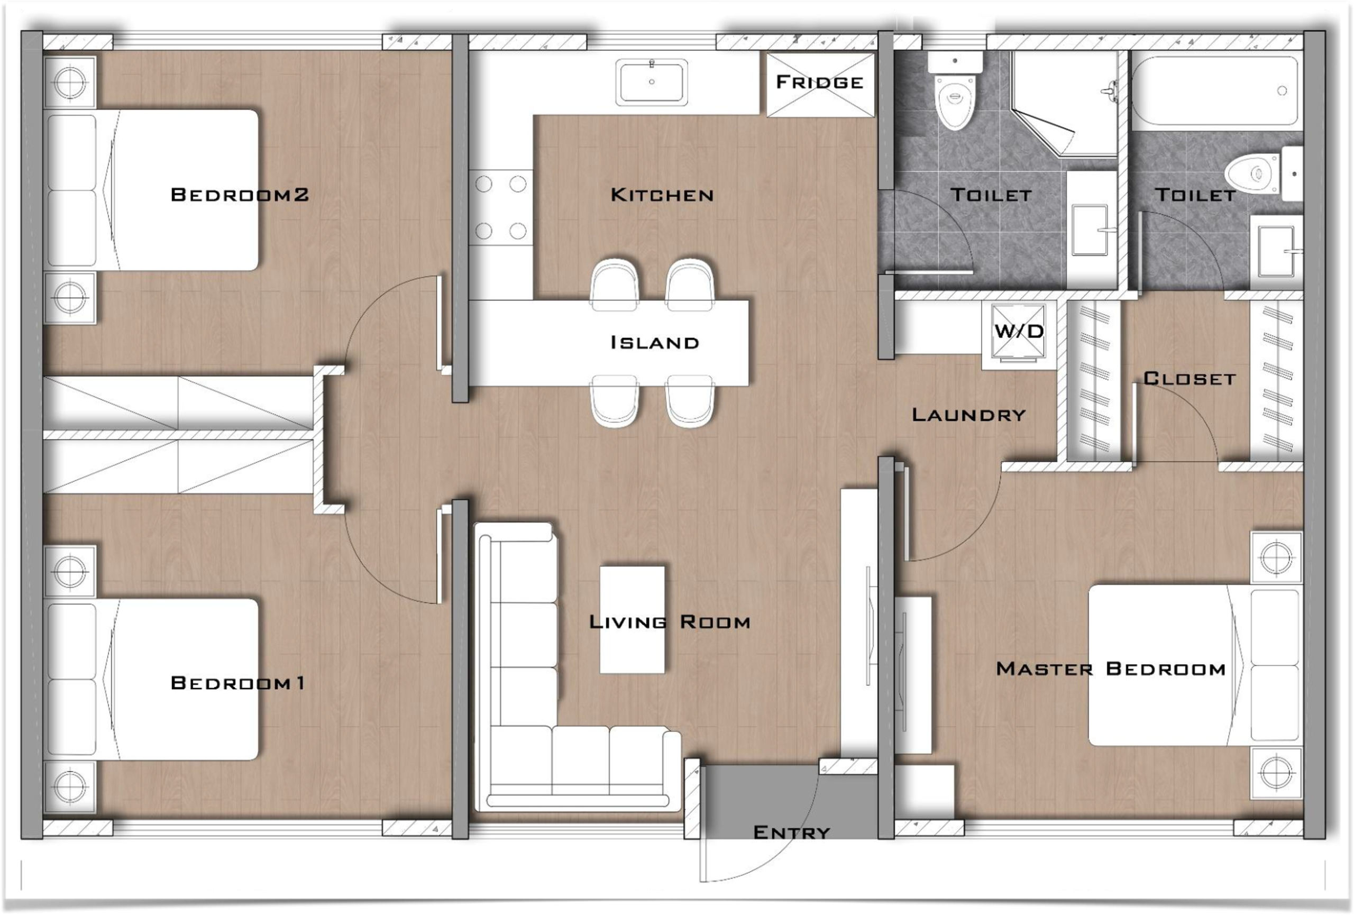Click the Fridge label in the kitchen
820,82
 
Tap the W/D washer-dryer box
1019,332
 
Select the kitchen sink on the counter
652,82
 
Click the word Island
654,343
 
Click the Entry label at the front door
791,832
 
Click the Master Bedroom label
1111,668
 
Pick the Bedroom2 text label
239,194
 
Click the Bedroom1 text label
237,682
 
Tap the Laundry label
968,415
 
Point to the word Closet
1188,378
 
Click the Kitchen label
662,195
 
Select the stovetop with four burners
500,207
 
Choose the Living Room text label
670,622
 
